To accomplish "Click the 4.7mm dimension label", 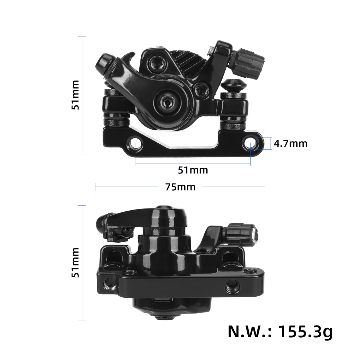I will click(x=291, y=144).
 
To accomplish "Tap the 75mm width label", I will click(x=180, y=187).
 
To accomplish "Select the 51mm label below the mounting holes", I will click(x=193, y=170).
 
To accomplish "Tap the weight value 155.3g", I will click(x=305, y=331).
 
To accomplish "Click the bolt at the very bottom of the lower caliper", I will click(x=165, y=317).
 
